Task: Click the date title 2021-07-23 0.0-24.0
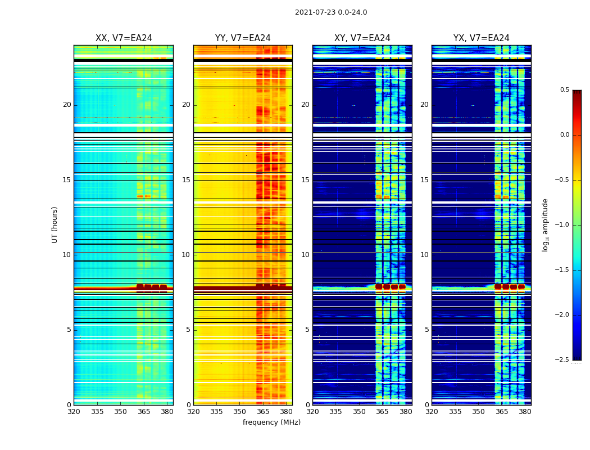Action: point(331,12)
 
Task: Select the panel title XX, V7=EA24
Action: point(124,38)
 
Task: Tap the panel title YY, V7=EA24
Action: point(243,38)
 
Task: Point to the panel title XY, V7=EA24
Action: point(362,38)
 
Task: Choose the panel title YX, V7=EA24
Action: point(482,38)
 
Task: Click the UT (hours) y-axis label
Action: point(55,224)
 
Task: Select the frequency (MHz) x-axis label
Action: point(271,422)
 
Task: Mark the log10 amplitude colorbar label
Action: point(545,224)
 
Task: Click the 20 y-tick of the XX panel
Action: point(67,105)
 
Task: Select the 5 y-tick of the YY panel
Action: point(188,330)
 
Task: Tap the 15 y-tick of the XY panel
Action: point(305,180)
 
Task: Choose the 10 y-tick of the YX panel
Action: point(424,255)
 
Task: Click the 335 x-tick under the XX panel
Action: point(97,411)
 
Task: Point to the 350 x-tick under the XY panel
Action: point(359,411)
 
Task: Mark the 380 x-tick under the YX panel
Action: point(525,411)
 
